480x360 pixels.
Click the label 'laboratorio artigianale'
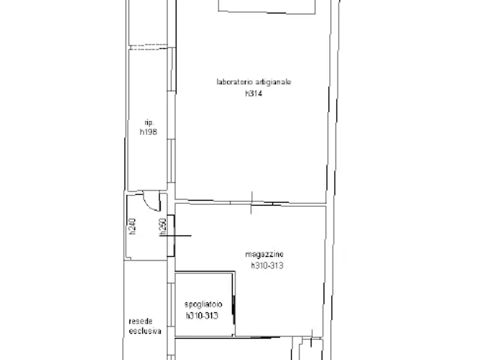(253, 82)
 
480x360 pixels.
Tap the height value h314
(253, 93)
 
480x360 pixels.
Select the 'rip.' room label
(149, 123)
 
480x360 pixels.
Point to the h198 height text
(148, 132)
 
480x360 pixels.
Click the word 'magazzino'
(264, 254)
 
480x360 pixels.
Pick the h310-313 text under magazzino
(267, 265)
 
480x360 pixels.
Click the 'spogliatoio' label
(203, 304)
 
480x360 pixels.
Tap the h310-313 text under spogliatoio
(202, 316)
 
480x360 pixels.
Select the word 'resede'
(141, 321)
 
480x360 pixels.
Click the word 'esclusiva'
(145, 331)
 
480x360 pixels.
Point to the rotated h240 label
(132, 226)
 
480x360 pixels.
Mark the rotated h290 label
(163, 227)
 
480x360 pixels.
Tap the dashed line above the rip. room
(149, 47)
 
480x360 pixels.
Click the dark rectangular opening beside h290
(171, 236)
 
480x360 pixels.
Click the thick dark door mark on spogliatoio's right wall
(234, 310)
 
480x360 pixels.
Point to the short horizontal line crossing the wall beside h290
(175, 235)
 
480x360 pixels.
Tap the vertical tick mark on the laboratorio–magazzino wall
(252, 202)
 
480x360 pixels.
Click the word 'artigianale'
(273, 82)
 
